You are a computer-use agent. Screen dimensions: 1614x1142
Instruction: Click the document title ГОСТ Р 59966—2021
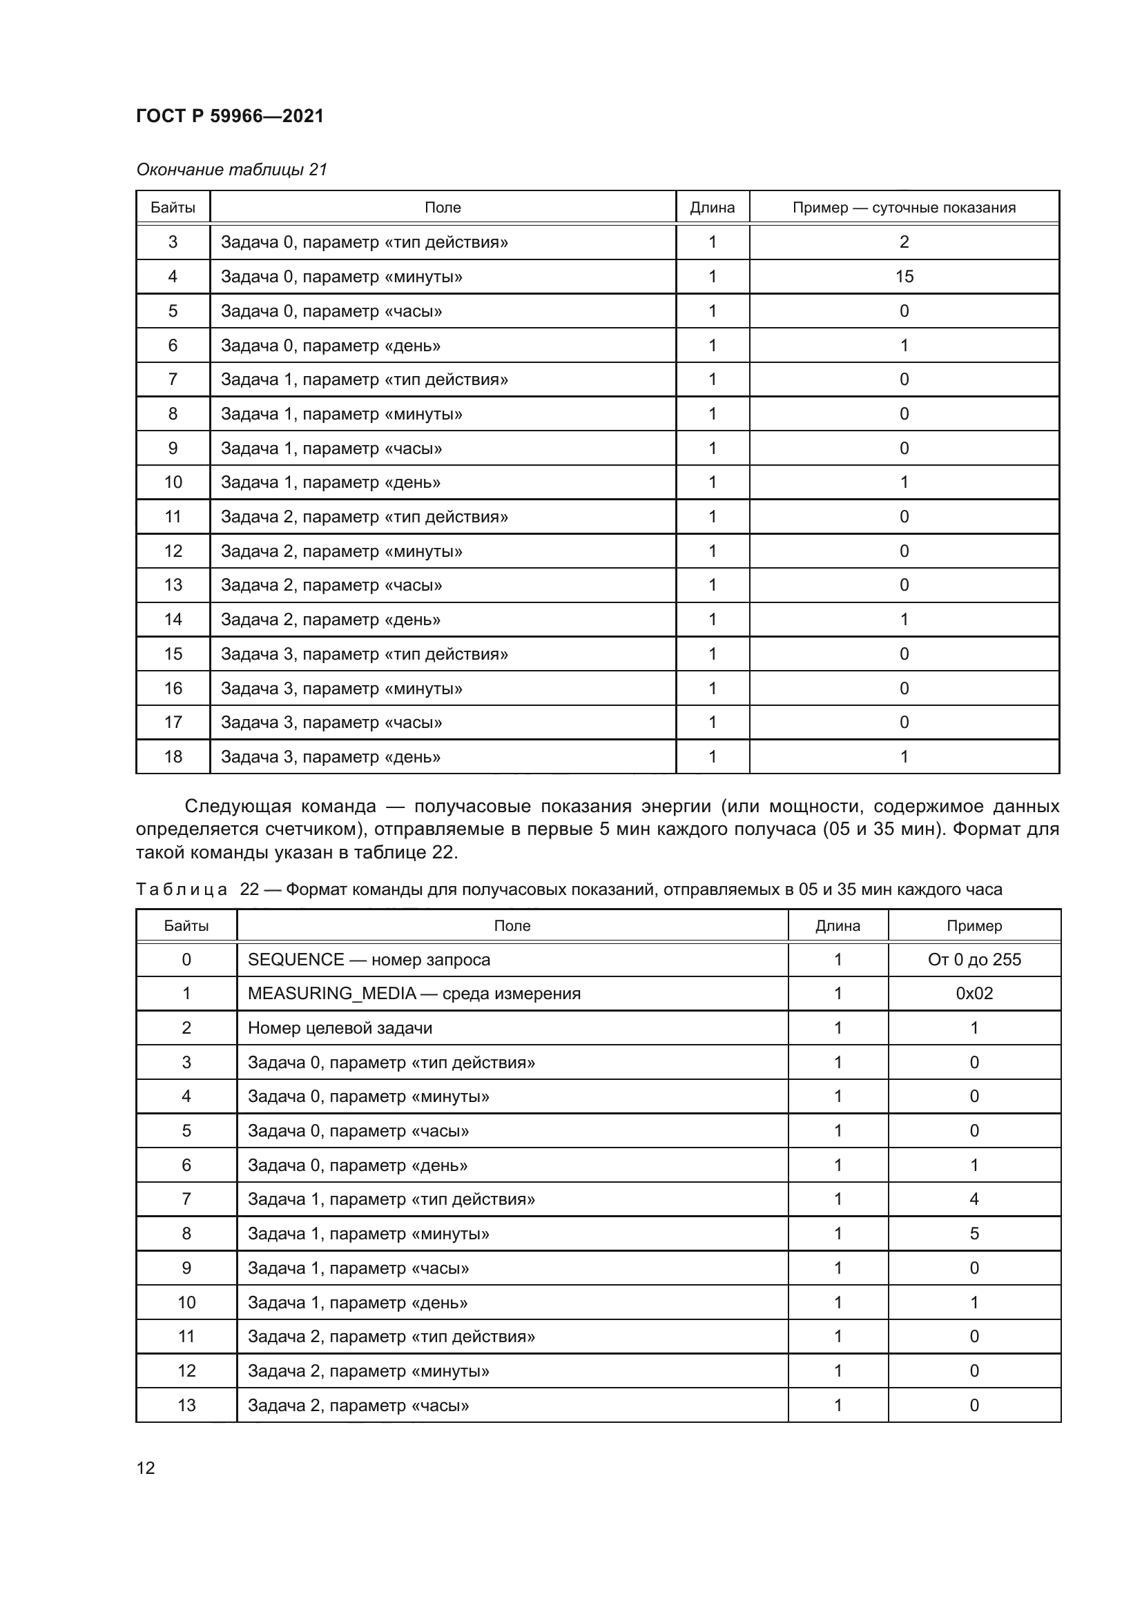[230, 116]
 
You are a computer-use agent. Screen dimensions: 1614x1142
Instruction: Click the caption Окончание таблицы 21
[232, 170]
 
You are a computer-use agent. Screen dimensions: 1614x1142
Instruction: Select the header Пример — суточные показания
[904, 208]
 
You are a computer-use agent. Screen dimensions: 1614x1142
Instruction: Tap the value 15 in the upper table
[904, 276]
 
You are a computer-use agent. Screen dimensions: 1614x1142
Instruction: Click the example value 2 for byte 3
[904, 242]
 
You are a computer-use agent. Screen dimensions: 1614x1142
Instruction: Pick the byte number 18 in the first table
[173, 756]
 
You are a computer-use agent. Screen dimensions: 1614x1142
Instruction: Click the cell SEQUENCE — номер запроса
[369, 960]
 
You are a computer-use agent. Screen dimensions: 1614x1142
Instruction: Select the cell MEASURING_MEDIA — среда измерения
[414, 993]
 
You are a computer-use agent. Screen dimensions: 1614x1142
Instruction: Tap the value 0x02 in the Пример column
[974, 993]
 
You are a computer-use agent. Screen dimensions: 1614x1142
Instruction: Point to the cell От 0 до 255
[974, 960]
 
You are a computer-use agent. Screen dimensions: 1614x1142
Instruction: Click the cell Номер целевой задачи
[340, 1027]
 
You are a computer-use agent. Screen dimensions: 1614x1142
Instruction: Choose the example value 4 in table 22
[974, 1199]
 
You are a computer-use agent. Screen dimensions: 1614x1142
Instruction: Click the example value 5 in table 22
[974, 1234]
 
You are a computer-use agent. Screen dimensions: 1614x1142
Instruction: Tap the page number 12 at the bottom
[146, 1468]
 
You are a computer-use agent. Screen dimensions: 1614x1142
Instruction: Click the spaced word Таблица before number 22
[182, 889]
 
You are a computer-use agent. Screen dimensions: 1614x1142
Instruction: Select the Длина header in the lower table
[838, 926]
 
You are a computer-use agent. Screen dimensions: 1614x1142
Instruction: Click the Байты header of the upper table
[173, 208]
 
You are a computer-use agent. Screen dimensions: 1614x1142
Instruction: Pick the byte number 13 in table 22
[186, 1405]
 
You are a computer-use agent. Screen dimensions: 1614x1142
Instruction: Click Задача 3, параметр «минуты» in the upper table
[341, 688]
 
